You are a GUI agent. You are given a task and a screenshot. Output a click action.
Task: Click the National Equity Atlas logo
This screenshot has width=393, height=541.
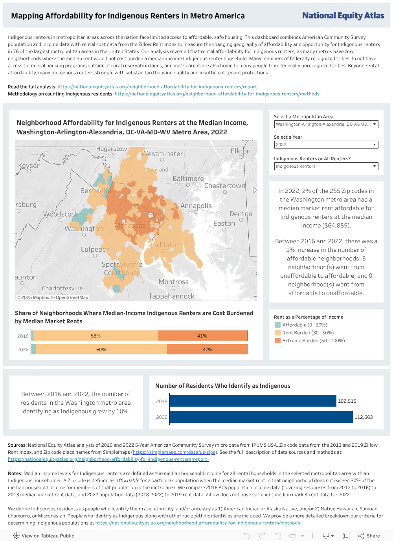coord(343,16)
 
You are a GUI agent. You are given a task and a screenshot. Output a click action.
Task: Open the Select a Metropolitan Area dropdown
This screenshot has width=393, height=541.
coord(326,124)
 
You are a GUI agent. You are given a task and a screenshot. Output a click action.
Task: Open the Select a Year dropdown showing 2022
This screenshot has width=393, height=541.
coord(326,145)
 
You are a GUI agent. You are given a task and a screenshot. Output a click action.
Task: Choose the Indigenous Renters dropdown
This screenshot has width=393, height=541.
coord(326,166)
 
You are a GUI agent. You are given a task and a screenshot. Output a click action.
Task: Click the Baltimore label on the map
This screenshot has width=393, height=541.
coord(188,179)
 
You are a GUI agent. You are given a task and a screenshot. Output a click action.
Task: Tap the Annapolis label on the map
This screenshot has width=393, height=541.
coord(196,206)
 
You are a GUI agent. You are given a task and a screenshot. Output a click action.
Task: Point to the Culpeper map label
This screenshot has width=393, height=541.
coord(94,249)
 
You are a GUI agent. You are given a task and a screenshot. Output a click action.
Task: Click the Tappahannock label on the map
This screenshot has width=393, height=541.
coord(171,296)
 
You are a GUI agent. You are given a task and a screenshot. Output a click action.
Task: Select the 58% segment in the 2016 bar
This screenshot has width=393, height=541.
coord(96,336)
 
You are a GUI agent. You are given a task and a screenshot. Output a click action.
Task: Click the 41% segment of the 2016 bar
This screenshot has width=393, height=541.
coord(202,336)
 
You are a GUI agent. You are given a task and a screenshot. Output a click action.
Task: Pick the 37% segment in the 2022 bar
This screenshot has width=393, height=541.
coord(207,349)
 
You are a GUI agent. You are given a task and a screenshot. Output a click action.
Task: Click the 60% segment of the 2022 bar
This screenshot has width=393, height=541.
coord(101,349)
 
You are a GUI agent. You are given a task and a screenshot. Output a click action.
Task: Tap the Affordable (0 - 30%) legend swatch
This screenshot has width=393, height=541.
coord(278,325)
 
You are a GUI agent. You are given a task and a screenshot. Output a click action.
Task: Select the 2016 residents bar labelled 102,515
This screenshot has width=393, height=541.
coord(253,401)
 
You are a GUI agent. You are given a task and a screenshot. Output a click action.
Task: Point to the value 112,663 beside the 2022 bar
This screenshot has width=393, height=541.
coord(364,417)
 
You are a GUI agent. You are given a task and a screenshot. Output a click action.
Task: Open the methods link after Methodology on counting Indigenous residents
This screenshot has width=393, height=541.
coord(217,94)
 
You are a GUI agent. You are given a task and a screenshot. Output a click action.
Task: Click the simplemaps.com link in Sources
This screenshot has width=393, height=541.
coord(174,452)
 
